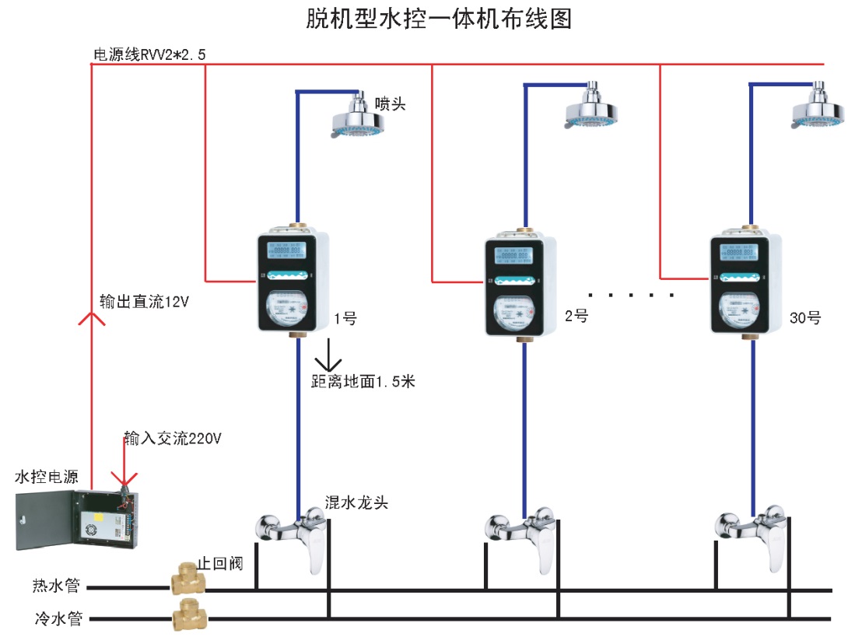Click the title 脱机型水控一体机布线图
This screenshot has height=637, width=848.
[x=440, y=19]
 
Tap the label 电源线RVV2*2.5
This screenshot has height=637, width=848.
[x=149, y=54]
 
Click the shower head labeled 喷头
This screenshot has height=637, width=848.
[x=359, y=117]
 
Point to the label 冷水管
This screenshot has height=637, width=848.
[x=57, y=620]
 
